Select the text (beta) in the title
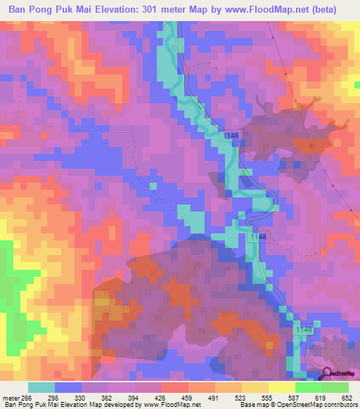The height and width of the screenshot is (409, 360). point(318,9)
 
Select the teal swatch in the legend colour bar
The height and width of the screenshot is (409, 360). point(41,387)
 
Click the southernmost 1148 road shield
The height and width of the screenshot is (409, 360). point(304,329)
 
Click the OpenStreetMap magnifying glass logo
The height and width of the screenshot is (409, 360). point(328,374)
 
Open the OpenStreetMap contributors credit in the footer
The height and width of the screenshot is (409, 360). point(313,405)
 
